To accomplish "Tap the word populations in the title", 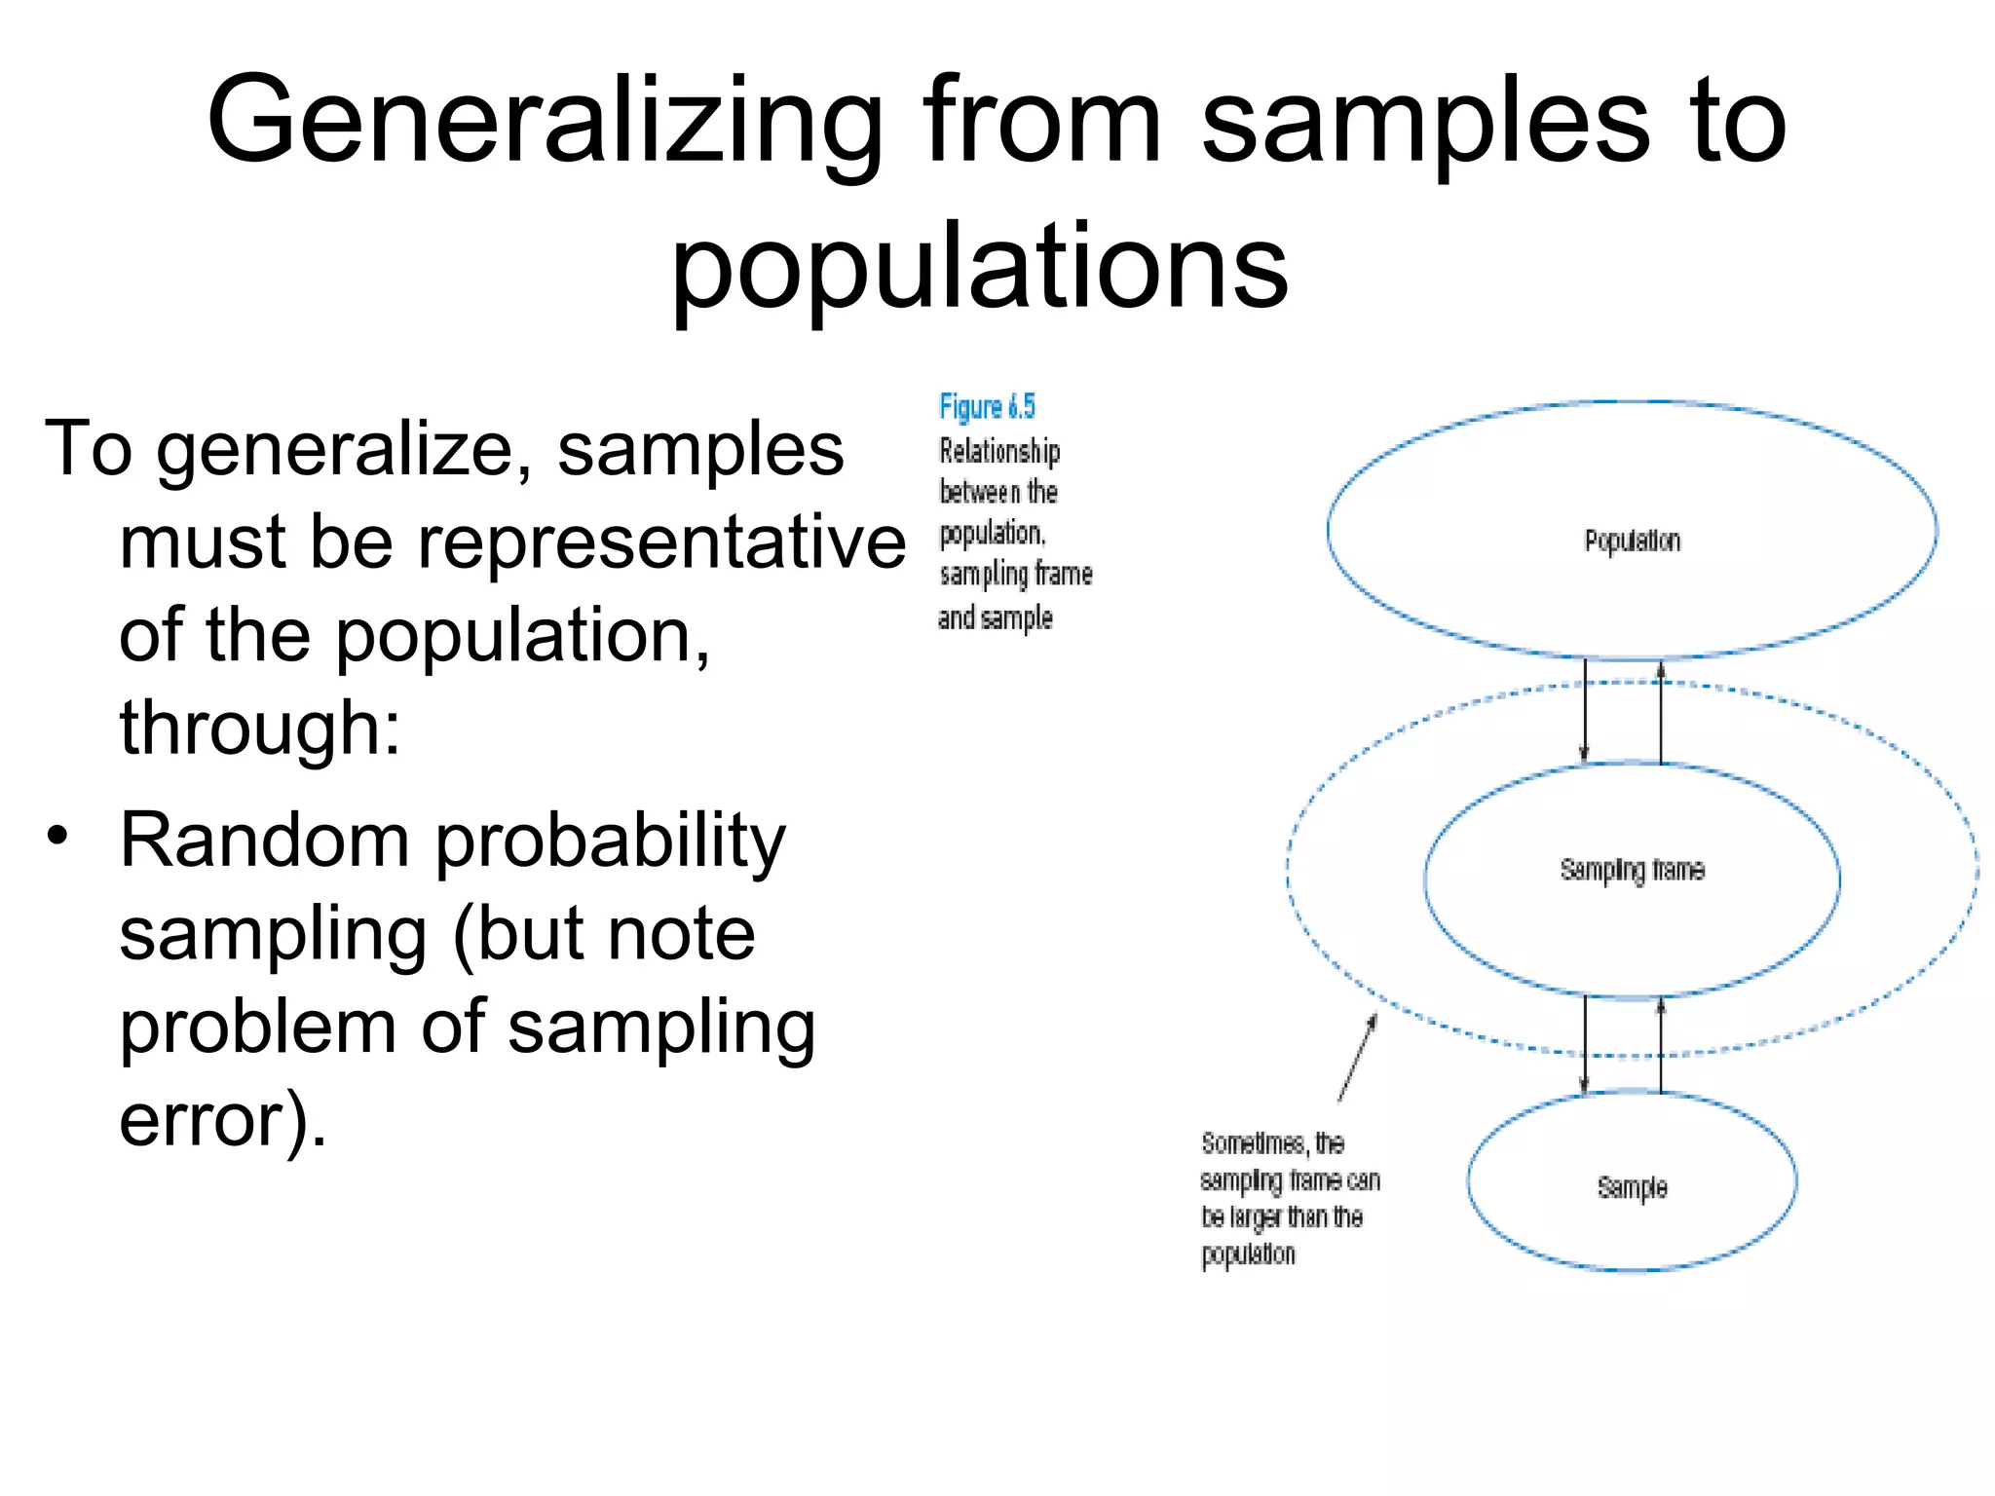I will pyautogui.click(x=979, y=266).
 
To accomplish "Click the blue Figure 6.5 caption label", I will pyautogui.click(x=987, y=406).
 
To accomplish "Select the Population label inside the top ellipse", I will pyautogui.click(x=1633, y=541).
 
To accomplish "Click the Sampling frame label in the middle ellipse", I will pyautogui.click(x=1633, y=870).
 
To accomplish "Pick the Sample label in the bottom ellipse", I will pyautogui.click(x=1633, y=1187).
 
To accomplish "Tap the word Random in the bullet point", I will pyautogui.click(x=264, y=840).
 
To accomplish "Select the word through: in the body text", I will pyautogui.click(x=259, y=728).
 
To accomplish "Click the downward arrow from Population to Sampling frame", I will pyautogui.click(x=1585, y=710).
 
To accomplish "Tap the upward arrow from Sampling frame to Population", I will pyautogui.click(x=1661, y=712).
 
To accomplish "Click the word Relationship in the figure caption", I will pyautogui.click(x=999, y=451).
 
